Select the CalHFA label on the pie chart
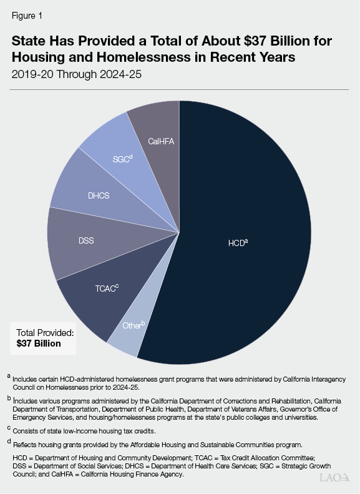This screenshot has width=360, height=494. [160, 142]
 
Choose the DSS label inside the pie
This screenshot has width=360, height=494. [86, 240]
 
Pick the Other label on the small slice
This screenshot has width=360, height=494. [134, 325]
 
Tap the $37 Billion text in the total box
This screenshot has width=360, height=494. [39, 343]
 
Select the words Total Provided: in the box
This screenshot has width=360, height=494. [45, 333]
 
